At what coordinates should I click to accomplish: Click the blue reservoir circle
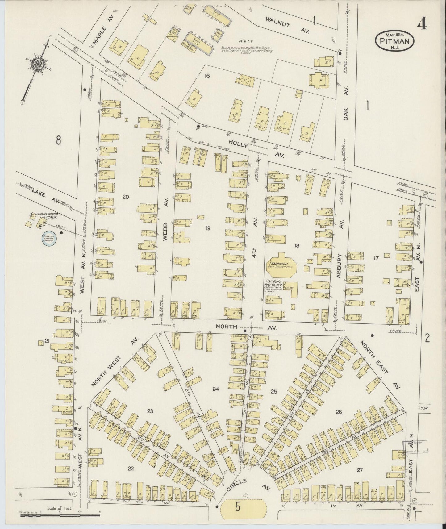pyautogui.click(x=49, y=239)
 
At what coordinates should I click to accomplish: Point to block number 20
pyautogui.click(x=125, y=197)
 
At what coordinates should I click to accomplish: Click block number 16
pyautogui.click(x=207, y=75)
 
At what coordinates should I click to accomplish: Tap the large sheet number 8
pyautogui.click(x=58, y=140)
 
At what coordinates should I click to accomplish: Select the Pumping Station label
pyautogui.click(x=47, y=215)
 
